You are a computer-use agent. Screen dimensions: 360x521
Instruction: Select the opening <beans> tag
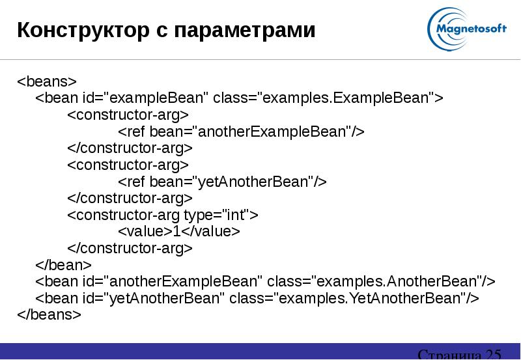click(47, 81)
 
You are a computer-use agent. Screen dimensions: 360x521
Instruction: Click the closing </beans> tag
click(49, 314)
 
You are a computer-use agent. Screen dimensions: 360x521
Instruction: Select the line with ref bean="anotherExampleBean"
click(241, 132)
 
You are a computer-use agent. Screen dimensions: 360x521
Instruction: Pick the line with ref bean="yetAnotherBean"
click(222, 182)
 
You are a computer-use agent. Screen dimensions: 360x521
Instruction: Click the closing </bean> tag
click(63, 265)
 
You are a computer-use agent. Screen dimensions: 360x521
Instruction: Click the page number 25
click(492, 354)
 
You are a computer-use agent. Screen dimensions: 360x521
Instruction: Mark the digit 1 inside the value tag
click(176, 232)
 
